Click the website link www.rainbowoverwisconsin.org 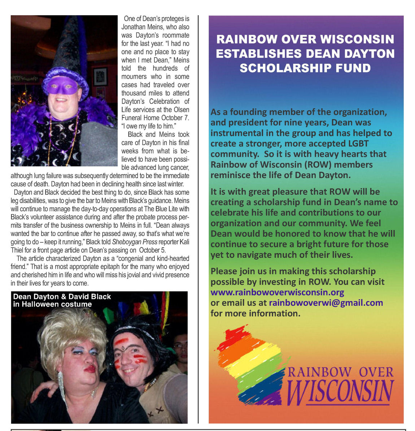coord(277,292)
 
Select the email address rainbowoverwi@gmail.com coord(326,302)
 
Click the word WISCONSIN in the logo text coord(341,392)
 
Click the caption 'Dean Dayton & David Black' coord(62,297)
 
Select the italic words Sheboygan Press coord(135,242)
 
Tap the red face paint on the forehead coord(122,341)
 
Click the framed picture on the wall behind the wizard coord(100,76)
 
